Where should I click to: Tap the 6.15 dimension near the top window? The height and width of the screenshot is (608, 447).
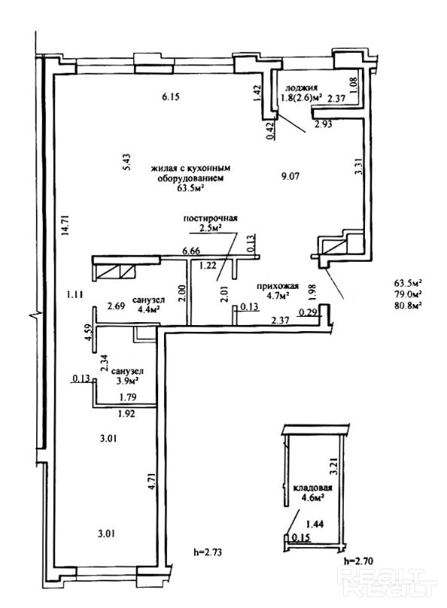pyautogui.click(x=171, y=96)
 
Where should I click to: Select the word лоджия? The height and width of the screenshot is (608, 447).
pyautogui.click(x=301, y=87)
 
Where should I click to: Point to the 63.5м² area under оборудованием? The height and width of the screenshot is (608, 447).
pyautogui.click(x=191, y=188)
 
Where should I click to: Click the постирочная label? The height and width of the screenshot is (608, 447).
pyautogui.click(x=210, y=218)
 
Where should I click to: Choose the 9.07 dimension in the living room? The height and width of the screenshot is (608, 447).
pyautogui.click(x=290, y=176)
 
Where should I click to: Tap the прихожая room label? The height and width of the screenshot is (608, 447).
pyautogui.click(x=278, y=286)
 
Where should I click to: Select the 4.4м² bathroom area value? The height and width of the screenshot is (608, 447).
pyautogui.click(x=149, y=309)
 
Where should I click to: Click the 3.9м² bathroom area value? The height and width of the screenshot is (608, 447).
pyautogui.click(x=127, y=381)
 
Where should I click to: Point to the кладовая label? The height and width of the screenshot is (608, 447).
pyautogui.click(x=312, y=488)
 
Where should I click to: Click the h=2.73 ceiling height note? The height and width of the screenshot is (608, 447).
pyautogui.click(x=208, y=552)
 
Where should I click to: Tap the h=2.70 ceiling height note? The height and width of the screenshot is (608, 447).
pyautogui.click(x=359, y=560)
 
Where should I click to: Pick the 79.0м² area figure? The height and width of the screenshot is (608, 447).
pyautogui.click(x=408, y=294)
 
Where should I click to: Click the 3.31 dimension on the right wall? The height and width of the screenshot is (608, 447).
pyautogui.click(x=360, y=167)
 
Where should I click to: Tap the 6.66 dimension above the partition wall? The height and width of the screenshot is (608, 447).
pyautogui.click(x=191, y=251)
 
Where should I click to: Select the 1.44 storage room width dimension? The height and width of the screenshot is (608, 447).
pyautogui.click(x=315, y=524)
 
